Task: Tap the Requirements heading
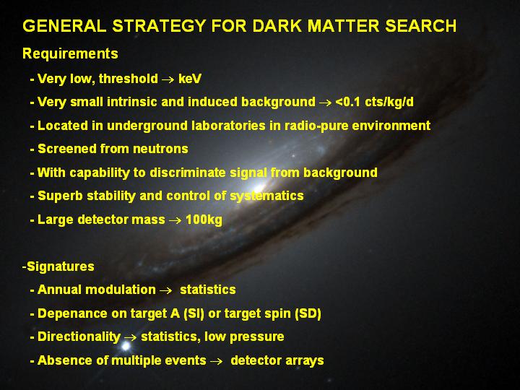(x=70, y=53)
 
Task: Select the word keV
(x=190, y=79)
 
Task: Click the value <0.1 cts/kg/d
(x=374, y=102)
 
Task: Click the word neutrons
(x=160, y=149)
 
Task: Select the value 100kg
(x=204, y=220)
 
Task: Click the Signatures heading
(x=61, y=266)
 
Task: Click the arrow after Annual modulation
(x=166, y=290)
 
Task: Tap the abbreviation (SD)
(x=308, y=313)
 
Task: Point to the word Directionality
(x=79, y=337)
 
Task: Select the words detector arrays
(x=277, y=360)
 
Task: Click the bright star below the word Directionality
(x=126, y=347)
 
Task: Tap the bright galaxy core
(x=259, y=189)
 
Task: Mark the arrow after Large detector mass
(x=175, y=220)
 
